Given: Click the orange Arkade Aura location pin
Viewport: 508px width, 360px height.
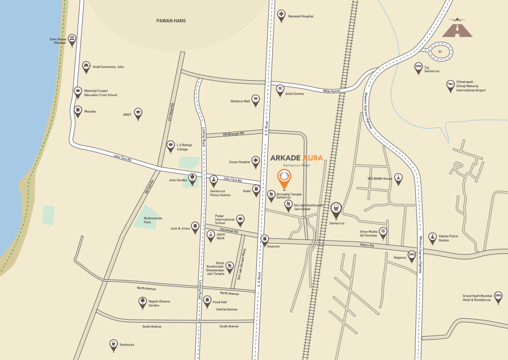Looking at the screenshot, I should click(284, 178).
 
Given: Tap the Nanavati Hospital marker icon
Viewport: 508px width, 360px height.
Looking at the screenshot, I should click(281, 14).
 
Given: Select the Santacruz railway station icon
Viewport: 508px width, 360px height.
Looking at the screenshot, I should click(336, 209).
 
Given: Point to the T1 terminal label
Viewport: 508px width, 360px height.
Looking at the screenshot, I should click(440, 51).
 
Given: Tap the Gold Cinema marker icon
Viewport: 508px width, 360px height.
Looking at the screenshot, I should click(281, 90).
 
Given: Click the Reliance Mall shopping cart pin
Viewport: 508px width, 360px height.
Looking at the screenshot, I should click(256, 100).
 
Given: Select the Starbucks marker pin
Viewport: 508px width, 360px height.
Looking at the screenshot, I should click(114, 344).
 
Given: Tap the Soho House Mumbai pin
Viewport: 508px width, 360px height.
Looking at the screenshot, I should click(72, 39).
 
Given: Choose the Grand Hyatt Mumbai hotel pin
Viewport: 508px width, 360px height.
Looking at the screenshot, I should click(498, 297).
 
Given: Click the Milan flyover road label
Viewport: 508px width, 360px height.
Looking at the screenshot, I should click(332, 91).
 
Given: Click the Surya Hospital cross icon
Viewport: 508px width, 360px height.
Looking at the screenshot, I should click(256, 161).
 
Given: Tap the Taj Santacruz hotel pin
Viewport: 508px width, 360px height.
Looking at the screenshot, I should click(418, 68).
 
